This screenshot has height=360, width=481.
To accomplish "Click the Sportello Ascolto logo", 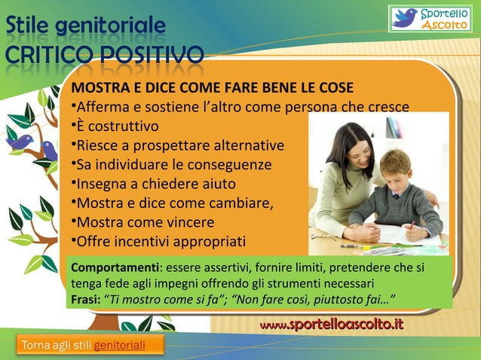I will pos(429,19).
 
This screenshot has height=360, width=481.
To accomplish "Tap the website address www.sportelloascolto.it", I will pos(331,325).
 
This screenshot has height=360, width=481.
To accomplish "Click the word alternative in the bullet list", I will pos(250,145).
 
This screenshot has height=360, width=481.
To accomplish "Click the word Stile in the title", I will pos(25,30).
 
